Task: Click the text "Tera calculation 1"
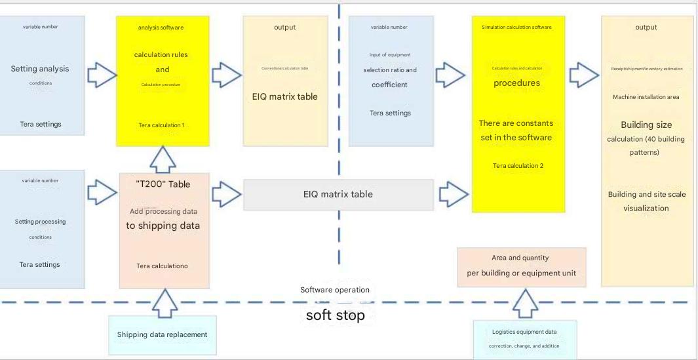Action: coord(161,125)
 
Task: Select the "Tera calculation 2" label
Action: coord(518,166)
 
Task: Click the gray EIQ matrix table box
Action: coord(338,194)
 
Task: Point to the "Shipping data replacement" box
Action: coord(162,334)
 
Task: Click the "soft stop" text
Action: coord(335,315)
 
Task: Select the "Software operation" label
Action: coord(335,290)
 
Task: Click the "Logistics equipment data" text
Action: coord(524,332)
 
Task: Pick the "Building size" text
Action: coord(646,125)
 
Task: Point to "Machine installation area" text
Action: coord(646,97)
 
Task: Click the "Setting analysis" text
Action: coord(40,69)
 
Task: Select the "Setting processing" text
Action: coord(40,222)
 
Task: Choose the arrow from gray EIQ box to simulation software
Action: coord(453,193)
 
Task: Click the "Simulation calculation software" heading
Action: coord(516,28)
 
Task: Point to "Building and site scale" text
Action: coord(646,194)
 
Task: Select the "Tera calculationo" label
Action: coord(162,266)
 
